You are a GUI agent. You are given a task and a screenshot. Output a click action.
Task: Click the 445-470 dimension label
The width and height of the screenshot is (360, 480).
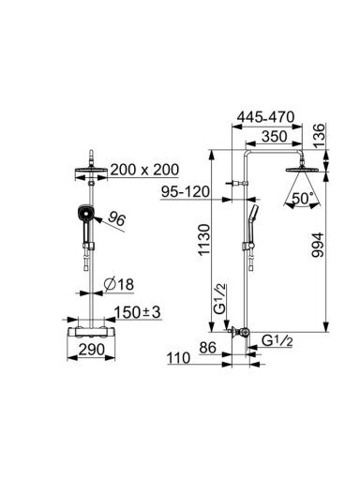coord(265,117)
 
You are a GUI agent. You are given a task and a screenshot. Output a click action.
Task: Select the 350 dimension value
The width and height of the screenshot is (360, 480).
coord(274,136)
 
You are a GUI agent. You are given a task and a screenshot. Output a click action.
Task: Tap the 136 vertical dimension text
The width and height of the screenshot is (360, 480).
coord(319,136)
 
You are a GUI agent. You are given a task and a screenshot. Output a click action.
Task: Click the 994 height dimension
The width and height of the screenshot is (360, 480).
coord(318,245)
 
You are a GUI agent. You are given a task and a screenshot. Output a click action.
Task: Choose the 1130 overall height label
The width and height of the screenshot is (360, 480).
coord(204,240)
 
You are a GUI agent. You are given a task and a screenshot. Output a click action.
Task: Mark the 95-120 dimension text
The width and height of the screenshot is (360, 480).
coord(186,191)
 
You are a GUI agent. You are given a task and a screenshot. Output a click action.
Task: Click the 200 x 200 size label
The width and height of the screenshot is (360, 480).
coord(145,170)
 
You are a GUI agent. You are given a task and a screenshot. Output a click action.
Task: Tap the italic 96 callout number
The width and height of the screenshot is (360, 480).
coord(116,219)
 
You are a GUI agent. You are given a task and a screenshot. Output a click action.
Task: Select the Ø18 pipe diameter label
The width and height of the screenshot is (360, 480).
coord(119,284)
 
